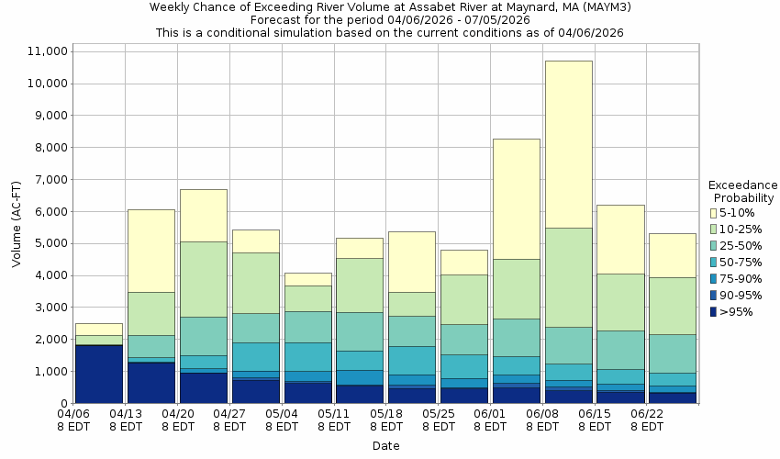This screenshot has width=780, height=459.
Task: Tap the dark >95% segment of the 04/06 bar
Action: coord(98,374)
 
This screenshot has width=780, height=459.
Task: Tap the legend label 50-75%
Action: coord(742,262)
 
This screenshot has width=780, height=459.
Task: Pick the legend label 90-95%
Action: coord(742,295)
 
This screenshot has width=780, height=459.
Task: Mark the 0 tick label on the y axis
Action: coord(62,403)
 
